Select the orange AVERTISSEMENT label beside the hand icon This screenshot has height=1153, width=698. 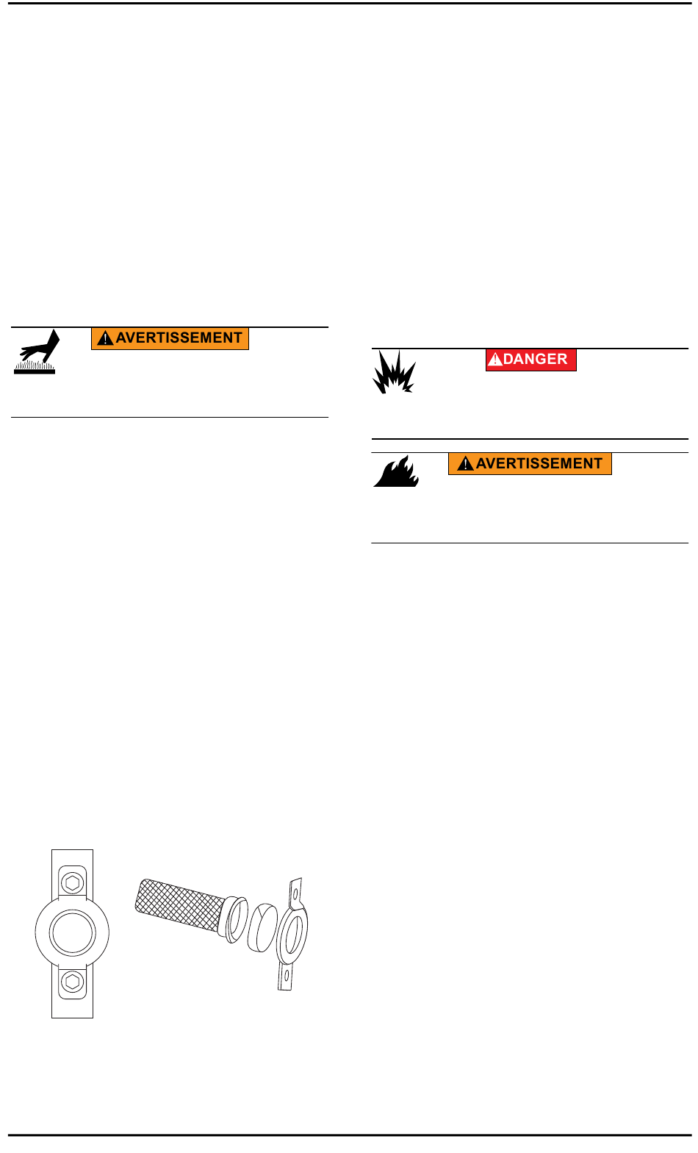click(x=170, y=338)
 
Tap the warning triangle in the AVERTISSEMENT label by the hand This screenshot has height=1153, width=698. click(x=105, y=339)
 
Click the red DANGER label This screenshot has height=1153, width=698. click(x=530, y=360)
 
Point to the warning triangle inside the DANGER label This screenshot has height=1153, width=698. click(x=496, y=360)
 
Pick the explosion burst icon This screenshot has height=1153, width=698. click(x=394, y=372)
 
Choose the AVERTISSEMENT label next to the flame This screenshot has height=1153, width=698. click(x=530, y=464)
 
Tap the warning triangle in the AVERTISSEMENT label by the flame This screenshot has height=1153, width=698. click(x=465, y=465)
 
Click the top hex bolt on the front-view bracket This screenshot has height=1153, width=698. click(x=72, y=882)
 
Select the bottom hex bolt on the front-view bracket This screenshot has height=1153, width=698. click(x=72, y=981)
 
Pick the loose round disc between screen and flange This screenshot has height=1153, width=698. click(x=262, y=927)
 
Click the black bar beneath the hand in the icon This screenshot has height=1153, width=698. click(x=35, y=370)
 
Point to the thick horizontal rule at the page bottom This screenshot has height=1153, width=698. click(x=349, y=1135)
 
